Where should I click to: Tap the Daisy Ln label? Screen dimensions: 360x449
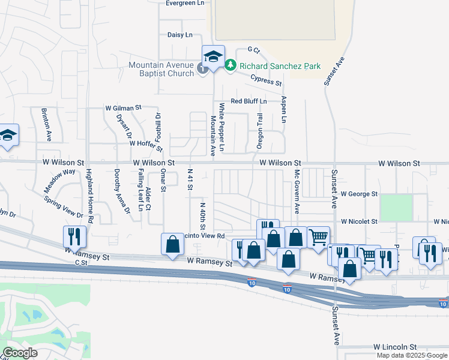(179, 35)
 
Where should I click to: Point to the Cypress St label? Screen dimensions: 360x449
(266, 80)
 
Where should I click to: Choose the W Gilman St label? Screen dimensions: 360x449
(122, 108)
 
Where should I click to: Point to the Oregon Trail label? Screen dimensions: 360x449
(261, 131)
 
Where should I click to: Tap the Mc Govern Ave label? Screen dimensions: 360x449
(297, 191)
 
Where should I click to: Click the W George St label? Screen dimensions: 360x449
(358, 194)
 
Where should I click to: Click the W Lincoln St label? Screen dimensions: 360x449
(394, 347)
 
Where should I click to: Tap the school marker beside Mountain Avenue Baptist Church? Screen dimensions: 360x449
(213, 56)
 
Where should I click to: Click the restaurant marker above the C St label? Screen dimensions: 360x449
(74, 235)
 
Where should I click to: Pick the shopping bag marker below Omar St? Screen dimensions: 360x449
(172, 244)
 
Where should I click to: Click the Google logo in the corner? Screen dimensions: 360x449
(20, 353)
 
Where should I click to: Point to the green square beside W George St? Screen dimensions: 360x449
(396, 207)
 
